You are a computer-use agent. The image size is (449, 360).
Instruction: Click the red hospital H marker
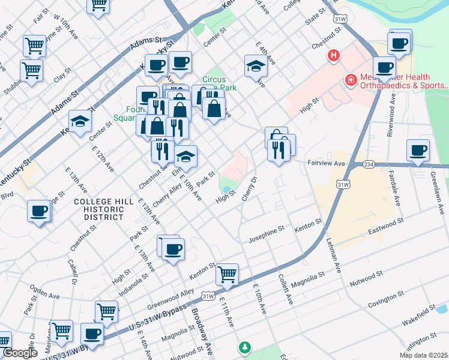[333, 56]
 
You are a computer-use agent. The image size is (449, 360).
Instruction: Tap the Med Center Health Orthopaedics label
[404, 81]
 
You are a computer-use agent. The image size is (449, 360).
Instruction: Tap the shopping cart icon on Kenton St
[228, 275]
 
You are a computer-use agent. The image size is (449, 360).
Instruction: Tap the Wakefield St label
[419, 316]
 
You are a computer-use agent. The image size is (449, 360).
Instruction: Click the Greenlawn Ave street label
[439, 192]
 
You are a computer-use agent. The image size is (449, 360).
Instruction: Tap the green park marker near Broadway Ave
[244, 347]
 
